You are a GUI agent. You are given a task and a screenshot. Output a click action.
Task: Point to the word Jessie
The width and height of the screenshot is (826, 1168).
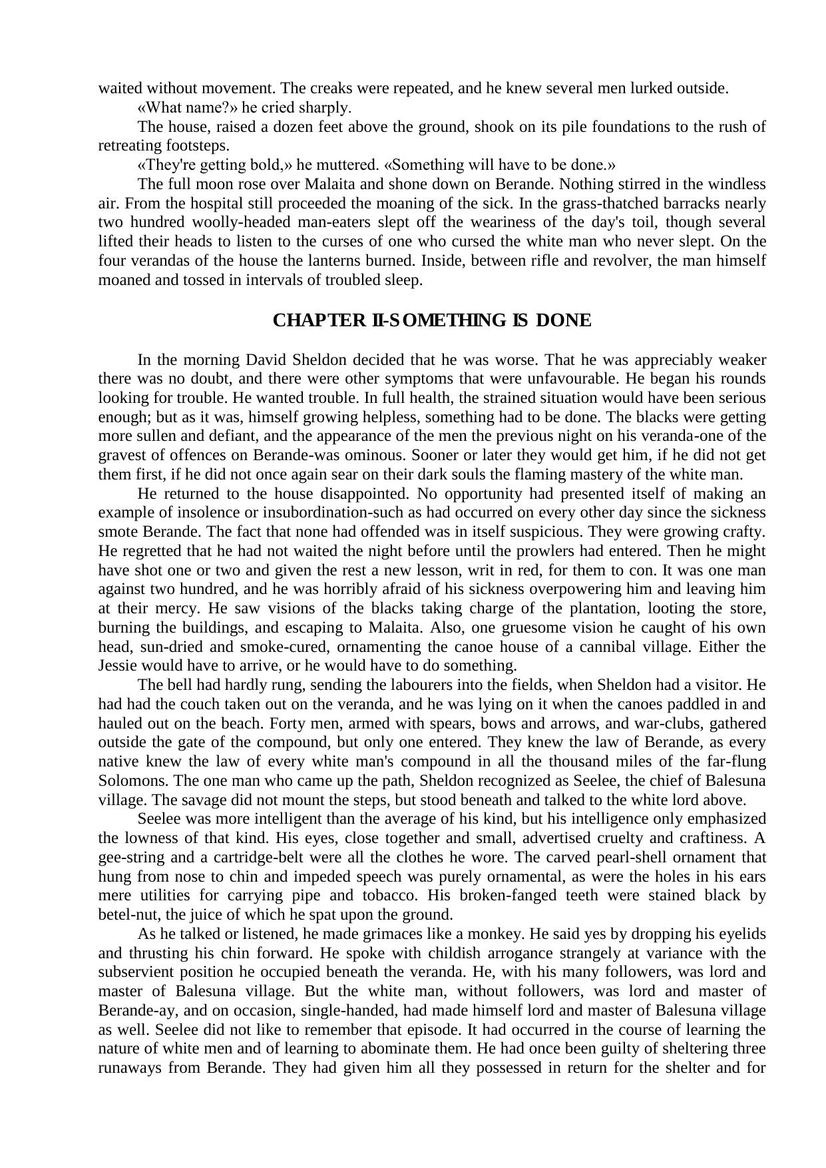tap(117, 666)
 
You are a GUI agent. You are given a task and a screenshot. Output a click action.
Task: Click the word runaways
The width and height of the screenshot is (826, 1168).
tap(130, 1067)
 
